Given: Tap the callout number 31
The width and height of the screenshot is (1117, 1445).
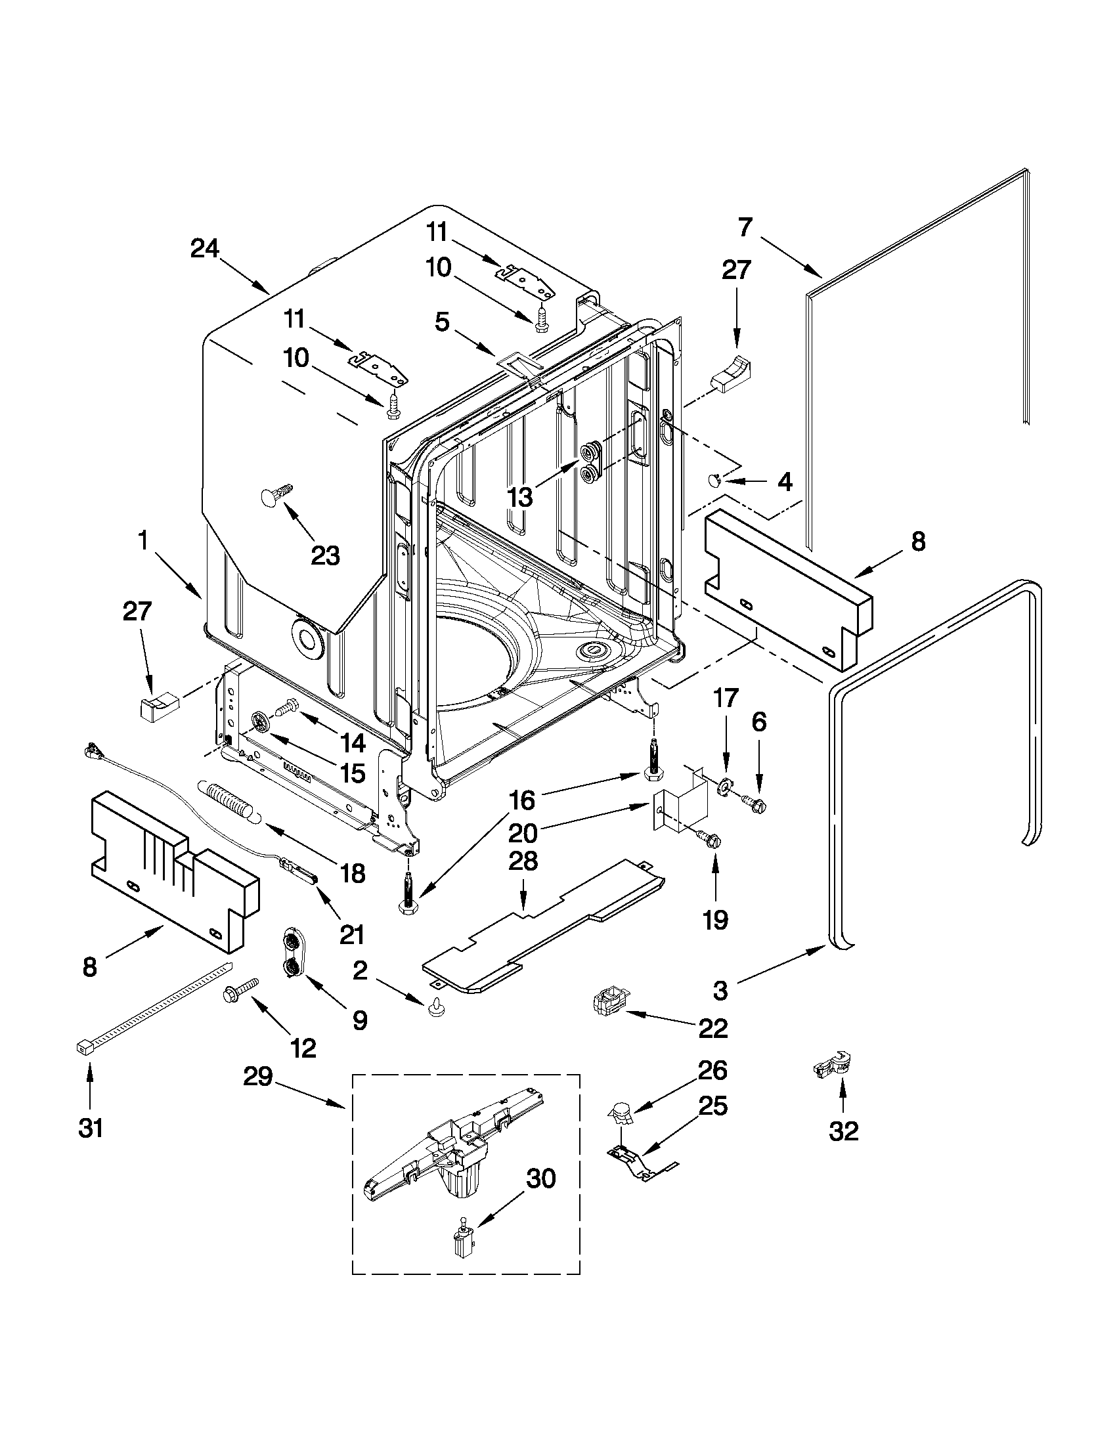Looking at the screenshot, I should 91,1127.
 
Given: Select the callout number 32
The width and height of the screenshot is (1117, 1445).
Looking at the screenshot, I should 843,1131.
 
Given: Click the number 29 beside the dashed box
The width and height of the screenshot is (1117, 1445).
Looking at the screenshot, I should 257,1078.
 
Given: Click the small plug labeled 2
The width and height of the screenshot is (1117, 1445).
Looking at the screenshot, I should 435,1008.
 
